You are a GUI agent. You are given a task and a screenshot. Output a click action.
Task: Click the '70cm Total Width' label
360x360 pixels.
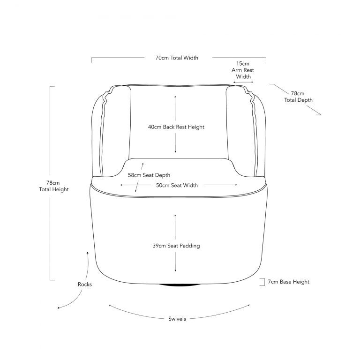tap(177, 58)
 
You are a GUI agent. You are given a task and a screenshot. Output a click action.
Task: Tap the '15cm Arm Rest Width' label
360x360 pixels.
tap(243, 70)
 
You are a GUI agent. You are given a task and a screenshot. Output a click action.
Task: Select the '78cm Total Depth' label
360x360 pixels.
tap(298, 97)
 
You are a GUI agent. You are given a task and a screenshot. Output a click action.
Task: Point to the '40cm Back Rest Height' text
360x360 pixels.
tap(176, 127)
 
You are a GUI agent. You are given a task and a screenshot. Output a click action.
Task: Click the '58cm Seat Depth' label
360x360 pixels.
tap(149, 175)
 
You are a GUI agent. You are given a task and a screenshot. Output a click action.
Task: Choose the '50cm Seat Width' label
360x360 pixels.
tap(177, 185)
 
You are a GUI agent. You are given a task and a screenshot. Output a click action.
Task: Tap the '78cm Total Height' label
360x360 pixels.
tap(54, 186)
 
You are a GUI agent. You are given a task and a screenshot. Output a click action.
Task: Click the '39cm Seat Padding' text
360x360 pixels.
tap(176, 246)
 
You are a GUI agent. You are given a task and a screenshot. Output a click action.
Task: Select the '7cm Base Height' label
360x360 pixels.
tap(289, 282)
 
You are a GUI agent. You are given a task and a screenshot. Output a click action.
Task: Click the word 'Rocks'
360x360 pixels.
tap(85, 284)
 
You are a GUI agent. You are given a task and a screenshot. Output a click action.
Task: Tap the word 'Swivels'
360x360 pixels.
tap(177, 319)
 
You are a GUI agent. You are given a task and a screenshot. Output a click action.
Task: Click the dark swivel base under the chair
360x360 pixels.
tap(180, 285)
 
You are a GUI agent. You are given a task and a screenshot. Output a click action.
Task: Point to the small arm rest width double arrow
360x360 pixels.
tap(243, 82)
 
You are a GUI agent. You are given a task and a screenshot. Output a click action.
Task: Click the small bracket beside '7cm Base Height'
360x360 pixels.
tap(262, 282)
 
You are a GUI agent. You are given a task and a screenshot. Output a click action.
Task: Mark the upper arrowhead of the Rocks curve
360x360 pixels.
tap(87, 253)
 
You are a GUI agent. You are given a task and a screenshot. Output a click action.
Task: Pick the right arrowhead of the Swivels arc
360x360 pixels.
tap(248, 305)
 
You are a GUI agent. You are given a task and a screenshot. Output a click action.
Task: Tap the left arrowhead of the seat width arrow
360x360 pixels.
tap(121, 185)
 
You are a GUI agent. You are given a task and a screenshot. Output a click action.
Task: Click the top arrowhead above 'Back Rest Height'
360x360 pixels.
tap(175, 97)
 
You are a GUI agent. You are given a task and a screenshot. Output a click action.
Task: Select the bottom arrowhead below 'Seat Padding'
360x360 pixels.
tap(175, 270)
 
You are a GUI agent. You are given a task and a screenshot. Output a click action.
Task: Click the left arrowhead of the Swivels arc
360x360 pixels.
tap(110, 305)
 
